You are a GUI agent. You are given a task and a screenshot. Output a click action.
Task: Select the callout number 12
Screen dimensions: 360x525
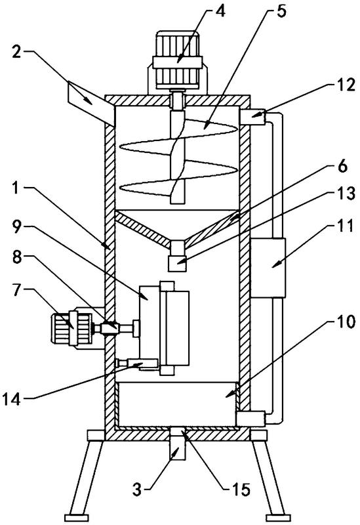345,85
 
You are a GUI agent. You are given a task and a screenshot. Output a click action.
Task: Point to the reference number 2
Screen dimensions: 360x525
16,52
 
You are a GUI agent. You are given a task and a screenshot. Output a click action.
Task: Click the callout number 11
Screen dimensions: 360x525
346,226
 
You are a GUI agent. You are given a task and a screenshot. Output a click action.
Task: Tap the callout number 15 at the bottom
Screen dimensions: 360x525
241,490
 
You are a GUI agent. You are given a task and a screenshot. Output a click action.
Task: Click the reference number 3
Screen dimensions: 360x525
138,490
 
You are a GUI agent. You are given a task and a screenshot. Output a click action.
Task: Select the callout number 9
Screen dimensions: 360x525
17,227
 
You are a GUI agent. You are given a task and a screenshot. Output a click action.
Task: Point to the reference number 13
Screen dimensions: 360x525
346,194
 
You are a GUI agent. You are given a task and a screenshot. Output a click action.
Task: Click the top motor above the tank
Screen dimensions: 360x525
177,61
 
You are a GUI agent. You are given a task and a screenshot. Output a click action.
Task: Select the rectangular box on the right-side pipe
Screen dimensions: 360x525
268,268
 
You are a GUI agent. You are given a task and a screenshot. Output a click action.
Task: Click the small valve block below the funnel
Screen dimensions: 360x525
177,264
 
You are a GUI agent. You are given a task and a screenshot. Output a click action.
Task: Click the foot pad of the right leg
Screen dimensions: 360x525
277,516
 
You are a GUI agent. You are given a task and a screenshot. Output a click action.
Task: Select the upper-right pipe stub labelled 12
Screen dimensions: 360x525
252,117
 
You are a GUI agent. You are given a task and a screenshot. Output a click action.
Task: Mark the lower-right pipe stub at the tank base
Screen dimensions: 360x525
251,419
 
